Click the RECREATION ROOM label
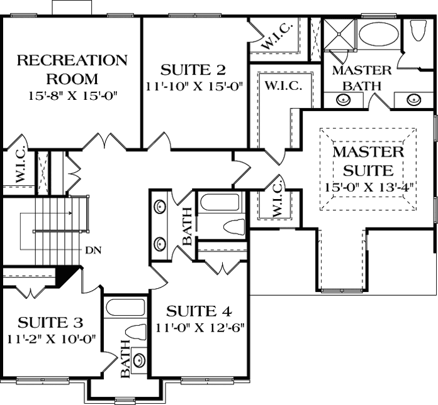(71, 70)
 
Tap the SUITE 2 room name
(193, 69)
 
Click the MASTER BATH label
(362, 77)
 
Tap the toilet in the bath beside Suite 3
(135, 332)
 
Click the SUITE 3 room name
(50, 323)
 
